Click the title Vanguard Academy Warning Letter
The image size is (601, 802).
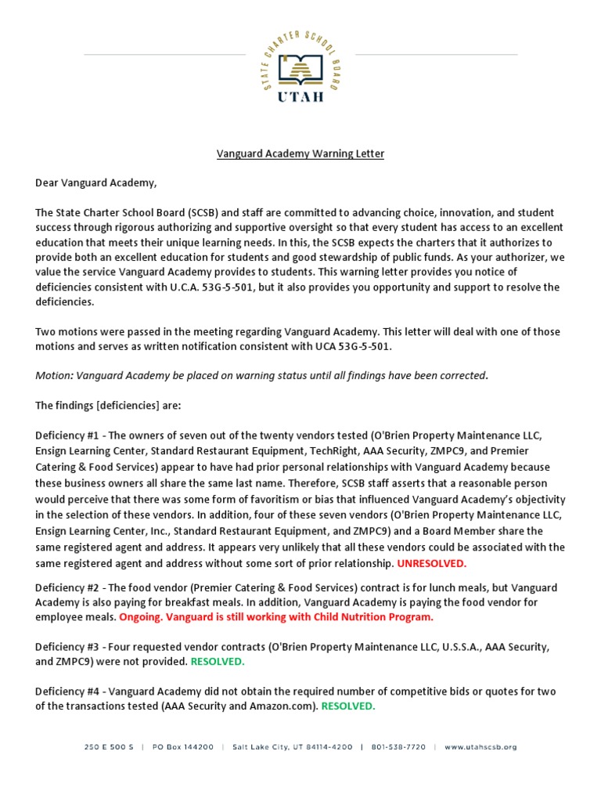coord(300,154)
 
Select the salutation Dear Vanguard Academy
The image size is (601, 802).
coord(95,183)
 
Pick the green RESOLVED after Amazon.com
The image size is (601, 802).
coord(348,706)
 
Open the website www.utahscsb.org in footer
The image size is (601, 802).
coord(480,747)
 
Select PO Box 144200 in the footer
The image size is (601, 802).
coord(183,747)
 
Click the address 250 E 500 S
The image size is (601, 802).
coord(111,747)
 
